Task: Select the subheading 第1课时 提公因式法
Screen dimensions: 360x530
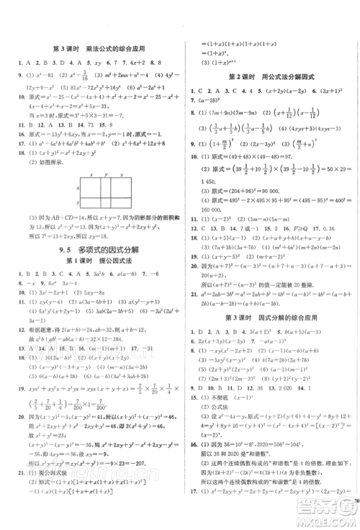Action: pyautogui.click(x=91, y=262)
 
